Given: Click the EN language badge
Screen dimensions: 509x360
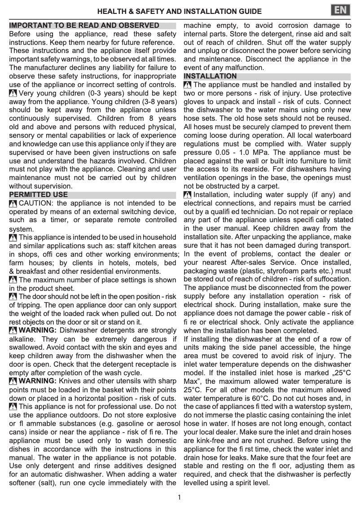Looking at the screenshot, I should tap(341, 10).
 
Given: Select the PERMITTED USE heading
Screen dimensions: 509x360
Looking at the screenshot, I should tap(39, 195).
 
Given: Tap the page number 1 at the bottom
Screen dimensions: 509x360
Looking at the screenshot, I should tap(179, 497).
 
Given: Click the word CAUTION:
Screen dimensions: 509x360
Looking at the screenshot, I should tap(36, 203).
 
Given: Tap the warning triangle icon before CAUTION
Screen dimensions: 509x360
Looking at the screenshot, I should tap(13, 203).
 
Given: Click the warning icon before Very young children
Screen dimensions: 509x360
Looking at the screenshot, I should tap(13, 93).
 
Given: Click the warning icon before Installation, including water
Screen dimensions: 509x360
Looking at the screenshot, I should tap(188, 195).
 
